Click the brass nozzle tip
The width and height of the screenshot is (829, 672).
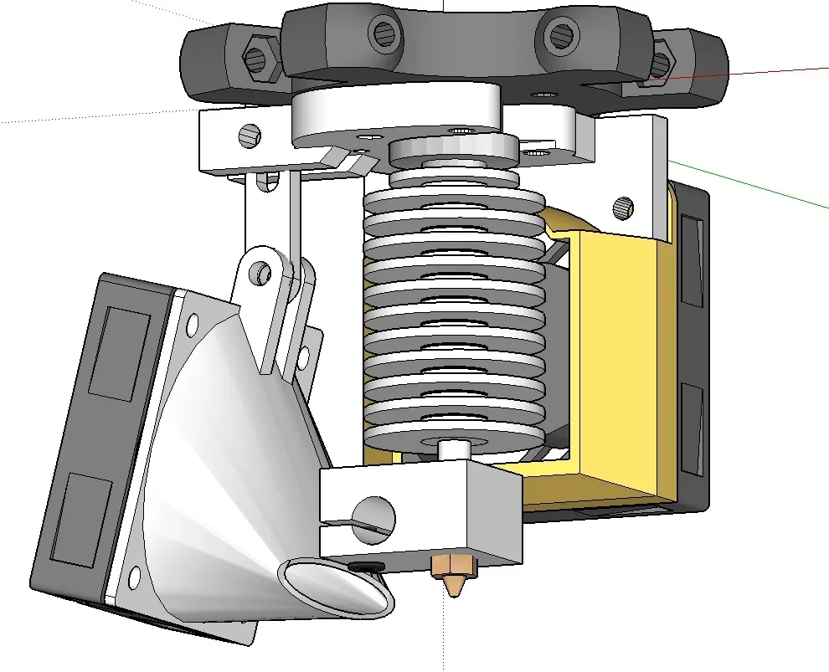(453, 579)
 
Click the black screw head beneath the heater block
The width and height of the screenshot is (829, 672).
(364, 567)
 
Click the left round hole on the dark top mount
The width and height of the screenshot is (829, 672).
(384, 33)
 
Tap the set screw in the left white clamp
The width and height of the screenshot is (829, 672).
(250, 134)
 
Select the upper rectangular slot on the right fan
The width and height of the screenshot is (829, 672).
(692, 259)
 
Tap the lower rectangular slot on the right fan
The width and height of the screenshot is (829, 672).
(693, 427)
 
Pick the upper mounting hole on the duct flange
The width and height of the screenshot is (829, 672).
(192, 321)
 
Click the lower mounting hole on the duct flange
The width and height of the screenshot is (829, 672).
(132, 577)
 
